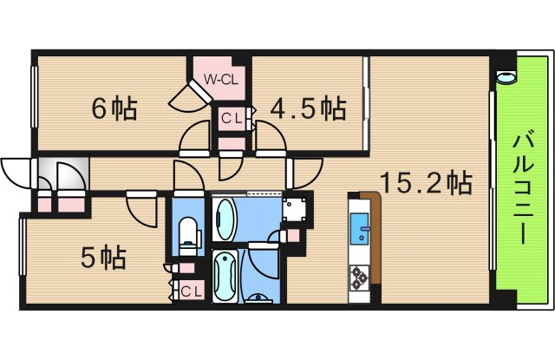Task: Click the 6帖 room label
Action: pos(114,108)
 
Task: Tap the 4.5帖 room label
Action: pos(308,108)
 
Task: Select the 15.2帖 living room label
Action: pos(426,183)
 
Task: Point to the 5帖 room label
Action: pos(103,258)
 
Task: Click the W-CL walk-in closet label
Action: pos(220,79)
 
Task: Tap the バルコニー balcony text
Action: pos(523,187)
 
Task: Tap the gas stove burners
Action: pos(359,278)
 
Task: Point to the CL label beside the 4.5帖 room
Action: pos(232,118)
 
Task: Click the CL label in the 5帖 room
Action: pos(191,291)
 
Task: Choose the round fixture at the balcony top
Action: pos(506,77)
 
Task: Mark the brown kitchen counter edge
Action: pos(375,237)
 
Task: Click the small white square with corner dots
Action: pos(293,209)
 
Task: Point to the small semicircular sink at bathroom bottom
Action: pos(258,298)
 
